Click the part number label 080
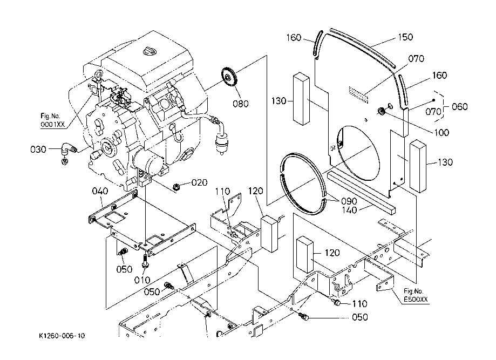click(x=241, y=104)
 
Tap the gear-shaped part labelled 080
click(x=228, y=77)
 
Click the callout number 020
click(x=200, y=182)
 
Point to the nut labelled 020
click(x=176, y=186)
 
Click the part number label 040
click(x=100, y=191)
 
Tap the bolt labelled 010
click(x=145, y=261)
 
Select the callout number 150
click(x=405, y=37)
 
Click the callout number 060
click(x=460, y=107)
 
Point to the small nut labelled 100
click(x=381, y=111)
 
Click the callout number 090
click(x=349, y=201)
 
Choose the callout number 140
click(x=349, y=210)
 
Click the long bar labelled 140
click(x=361, y=192)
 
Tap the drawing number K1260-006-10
click(x=62, y=336)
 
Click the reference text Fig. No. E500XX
click(x=416, y=295)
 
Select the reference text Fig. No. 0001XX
click(x=52, y=120)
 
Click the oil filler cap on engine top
click(x=150, y=51)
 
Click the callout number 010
click(x=142, y=280)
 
